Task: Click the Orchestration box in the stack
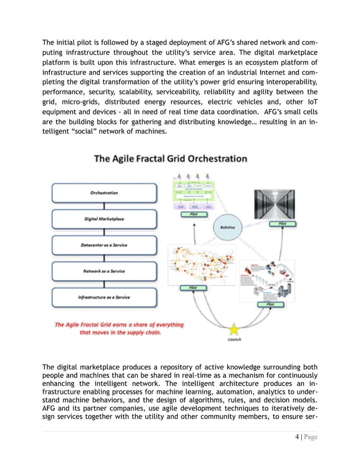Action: (104, 193)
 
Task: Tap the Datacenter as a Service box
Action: (104, 245)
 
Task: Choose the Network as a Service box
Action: (104, 271)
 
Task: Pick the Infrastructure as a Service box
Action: (104, 297)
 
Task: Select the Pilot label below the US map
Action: (190, 288)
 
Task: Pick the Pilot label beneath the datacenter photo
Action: (282, 224)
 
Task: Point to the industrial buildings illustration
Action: (268, 280)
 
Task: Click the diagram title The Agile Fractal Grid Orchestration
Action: (170, 159)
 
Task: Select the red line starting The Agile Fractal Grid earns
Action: (118, 324)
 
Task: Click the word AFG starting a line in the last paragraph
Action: (51, 414)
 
